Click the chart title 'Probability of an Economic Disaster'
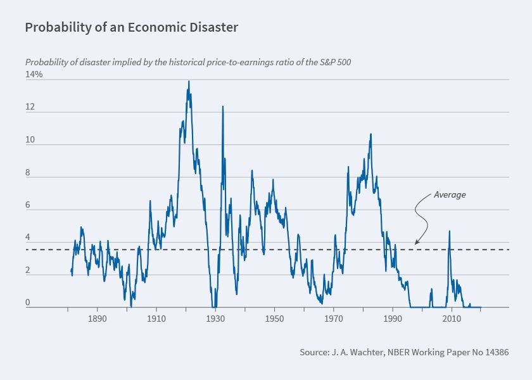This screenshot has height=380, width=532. coord(132,28)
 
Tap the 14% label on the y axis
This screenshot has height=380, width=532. coord(34,75)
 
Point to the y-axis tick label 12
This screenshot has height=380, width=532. coord(29,108)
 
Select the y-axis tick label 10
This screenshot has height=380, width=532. coord(29,141)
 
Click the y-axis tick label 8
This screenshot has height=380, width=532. coord(27,174)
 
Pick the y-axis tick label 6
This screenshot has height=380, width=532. coord(27,206)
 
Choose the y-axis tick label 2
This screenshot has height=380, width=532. coord(27,271)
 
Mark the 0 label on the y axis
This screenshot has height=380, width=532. coord(27,303)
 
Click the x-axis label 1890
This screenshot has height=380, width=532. coord(97,320)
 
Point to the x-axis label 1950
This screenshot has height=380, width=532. coord(274,320)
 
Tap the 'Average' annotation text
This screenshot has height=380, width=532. coord(450,195)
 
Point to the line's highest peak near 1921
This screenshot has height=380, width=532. coord(188,82)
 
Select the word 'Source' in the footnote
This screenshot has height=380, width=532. coord(314,352)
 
